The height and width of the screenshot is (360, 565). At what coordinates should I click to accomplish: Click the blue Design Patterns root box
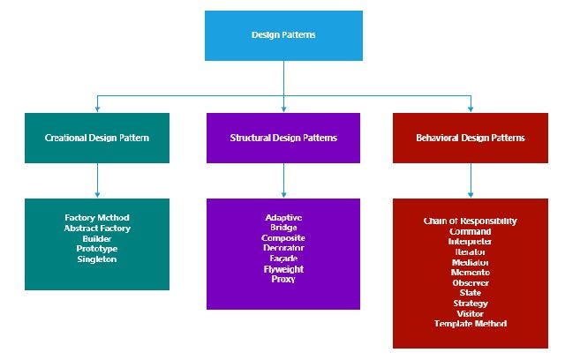(x=283, y=35)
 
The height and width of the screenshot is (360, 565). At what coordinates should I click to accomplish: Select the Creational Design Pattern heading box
(x=97, y=138)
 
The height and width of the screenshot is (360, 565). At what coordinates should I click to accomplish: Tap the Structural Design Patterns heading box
(x=283, y=138)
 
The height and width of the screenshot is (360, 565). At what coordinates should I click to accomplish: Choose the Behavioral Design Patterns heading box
(x=470, y=138)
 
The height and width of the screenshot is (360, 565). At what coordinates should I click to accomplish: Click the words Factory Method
(x=97, y=217)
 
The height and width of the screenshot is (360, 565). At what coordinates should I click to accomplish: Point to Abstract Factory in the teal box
(x=97, y=228)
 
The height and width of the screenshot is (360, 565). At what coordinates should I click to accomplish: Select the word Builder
(x=97, y=238)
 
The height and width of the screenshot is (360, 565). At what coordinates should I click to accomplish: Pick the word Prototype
(x=97, y=249)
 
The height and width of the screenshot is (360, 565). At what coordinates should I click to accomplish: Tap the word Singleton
(x=97, y=259)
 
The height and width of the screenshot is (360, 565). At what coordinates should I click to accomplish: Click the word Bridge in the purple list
(x=283, y=228)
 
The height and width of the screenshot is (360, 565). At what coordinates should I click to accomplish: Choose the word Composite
(x=283, y=238)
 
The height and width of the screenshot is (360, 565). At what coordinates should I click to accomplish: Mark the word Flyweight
(x=283, y=269)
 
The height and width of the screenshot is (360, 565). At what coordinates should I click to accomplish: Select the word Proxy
(x=283, y=279)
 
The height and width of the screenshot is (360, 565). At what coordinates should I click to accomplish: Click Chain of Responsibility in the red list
(x=470, y=221)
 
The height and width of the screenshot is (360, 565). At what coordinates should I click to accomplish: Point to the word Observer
(x=470, y=282)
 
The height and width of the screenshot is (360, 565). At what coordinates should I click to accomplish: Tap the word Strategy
(x=470, y=304)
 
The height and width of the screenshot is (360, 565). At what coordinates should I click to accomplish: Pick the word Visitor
(x=470, y=313)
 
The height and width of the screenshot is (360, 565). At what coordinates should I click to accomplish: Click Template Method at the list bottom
(x=470, y=324)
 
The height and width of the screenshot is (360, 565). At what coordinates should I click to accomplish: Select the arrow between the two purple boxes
(x=283, y=181)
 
